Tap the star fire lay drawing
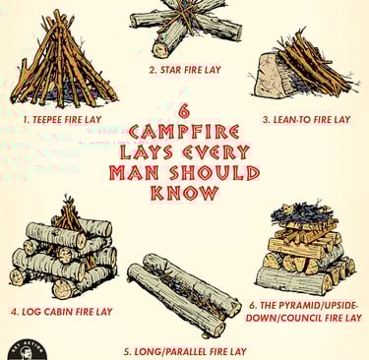(x=186, y=28)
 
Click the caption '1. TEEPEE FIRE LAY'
(x=62, y=120)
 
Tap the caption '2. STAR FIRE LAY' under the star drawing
(x=185, y=70)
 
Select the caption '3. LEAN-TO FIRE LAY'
(x=307, y=120)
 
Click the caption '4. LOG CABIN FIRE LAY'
(x=62, y=312)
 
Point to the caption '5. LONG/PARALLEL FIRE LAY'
(x=185, y=352)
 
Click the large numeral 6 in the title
(x=185, y=111)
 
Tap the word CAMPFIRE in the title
(x=184, y=132)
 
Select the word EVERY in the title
(x=216, y=152)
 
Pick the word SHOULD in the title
(x=215, y=173)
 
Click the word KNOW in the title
(x=185, y=193)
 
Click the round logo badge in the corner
(x=27, y=350)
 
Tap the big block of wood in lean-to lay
(x=270, y=75)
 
